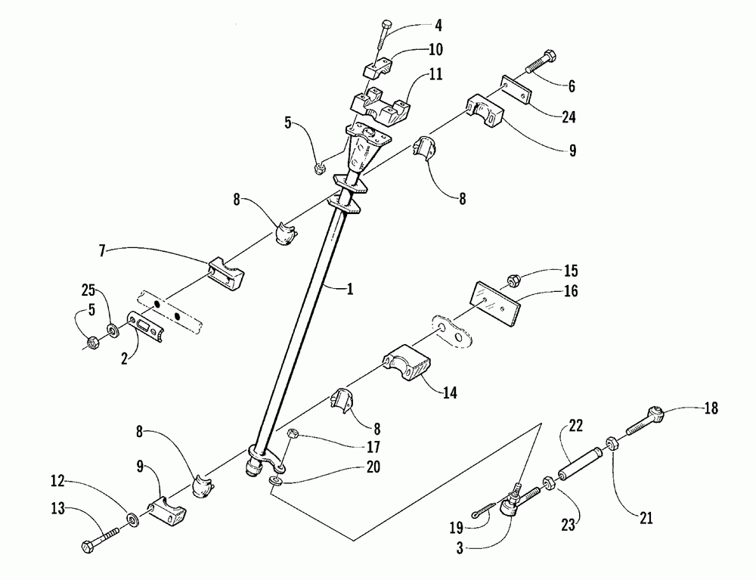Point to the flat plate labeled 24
click(x=516, y=90)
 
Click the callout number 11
click(x=437, y=76)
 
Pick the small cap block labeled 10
click(x=377, y=70)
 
